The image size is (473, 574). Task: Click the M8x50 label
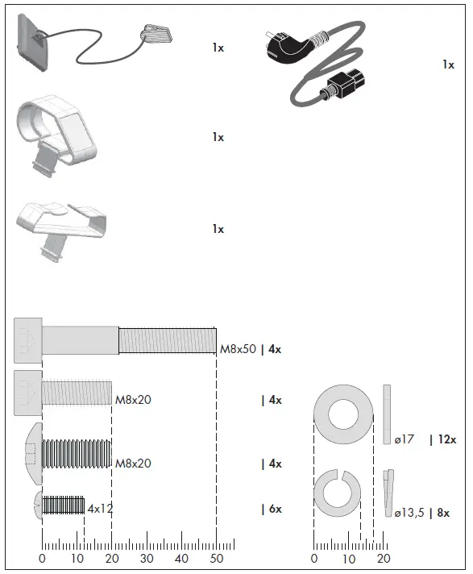pos(238,349)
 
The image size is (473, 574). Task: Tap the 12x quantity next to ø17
pos(447,439)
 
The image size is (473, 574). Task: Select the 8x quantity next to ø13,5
pos(443,513)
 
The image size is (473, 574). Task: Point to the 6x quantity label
pos(275,509)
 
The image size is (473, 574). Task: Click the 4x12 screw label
pos(100,509)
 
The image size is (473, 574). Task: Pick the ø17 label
pos(405,439)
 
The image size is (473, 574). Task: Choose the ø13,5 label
pos(409,513)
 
